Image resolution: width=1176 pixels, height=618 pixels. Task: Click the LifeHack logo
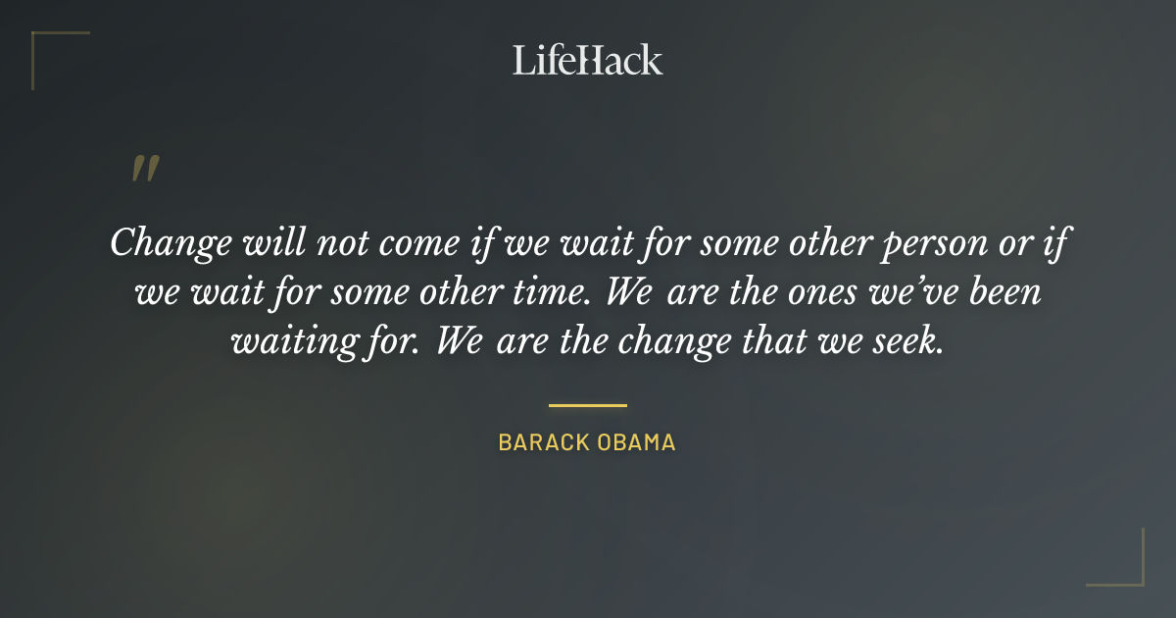587,60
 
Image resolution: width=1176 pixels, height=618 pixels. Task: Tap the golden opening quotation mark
144,169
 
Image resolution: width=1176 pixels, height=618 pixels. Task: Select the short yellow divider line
587,404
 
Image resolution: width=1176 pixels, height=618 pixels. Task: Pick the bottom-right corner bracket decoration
1127,569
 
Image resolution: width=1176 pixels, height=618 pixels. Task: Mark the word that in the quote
774,341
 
